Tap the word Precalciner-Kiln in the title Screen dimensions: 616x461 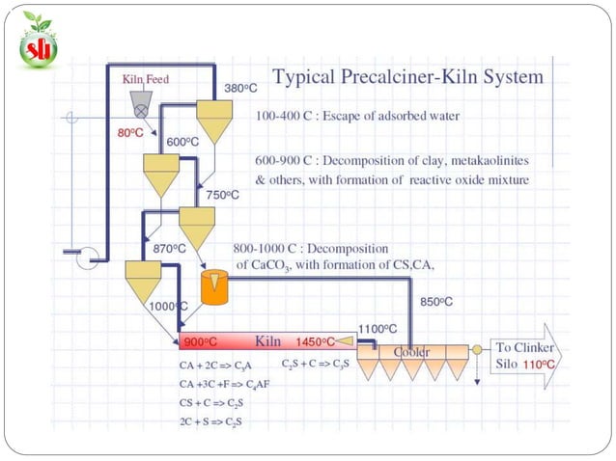point(408,76)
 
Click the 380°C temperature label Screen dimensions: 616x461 point(240,89)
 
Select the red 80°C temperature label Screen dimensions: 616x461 point(130,133)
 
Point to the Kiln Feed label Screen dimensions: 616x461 point(146,79)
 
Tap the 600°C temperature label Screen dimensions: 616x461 point(182,142)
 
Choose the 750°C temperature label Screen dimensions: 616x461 point(222,195)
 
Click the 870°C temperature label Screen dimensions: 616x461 point(169,249)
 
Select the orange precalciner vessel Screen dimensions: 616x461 point(214,287)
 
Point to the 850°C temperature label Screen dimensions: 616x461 point(436,302)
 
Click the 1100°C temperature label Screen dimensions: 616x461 point(378,329)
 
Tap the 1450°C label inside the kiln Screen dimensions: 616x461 point(316,342)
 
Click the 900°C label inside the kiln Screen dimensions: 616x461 point(201,342)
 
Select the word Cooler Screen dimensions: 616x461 point(411,352)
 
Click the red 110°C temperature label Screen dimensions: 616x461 point(539,365)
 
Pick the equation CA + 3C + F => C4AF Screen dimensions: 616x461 point(224,384)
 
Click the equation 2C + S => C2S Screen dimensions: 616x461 point(210,422)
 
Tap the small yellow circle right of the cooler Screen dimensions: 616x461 point(477,349)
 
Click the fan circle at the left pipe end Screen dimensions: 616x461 point(87,258)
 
